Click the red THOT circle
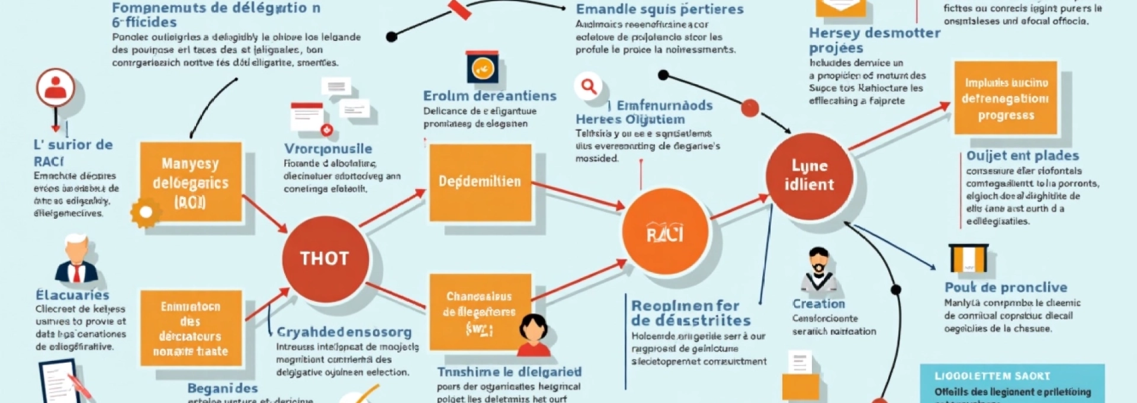[325, 259]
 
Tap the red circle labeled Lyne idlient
[809, 175]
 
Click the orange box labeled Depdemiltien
[480, 182]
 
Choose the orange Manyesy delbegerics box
[191, 182]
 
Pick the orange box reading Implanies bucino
[1005, 98]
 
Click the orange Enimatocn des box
[191, 328]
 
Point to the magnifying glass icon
[588, 87]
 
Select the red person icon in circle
[56, 88]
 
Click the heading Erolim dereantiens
[489, 96]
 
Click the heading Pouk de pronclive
[1006, 287]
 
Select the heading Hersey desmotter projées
[874, 40]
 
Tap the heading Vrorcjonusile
[328, 149]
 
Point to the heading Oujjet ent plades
[1022, 156]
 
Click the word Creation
[818, 304]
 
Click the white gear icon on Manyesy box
[146, 213]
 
